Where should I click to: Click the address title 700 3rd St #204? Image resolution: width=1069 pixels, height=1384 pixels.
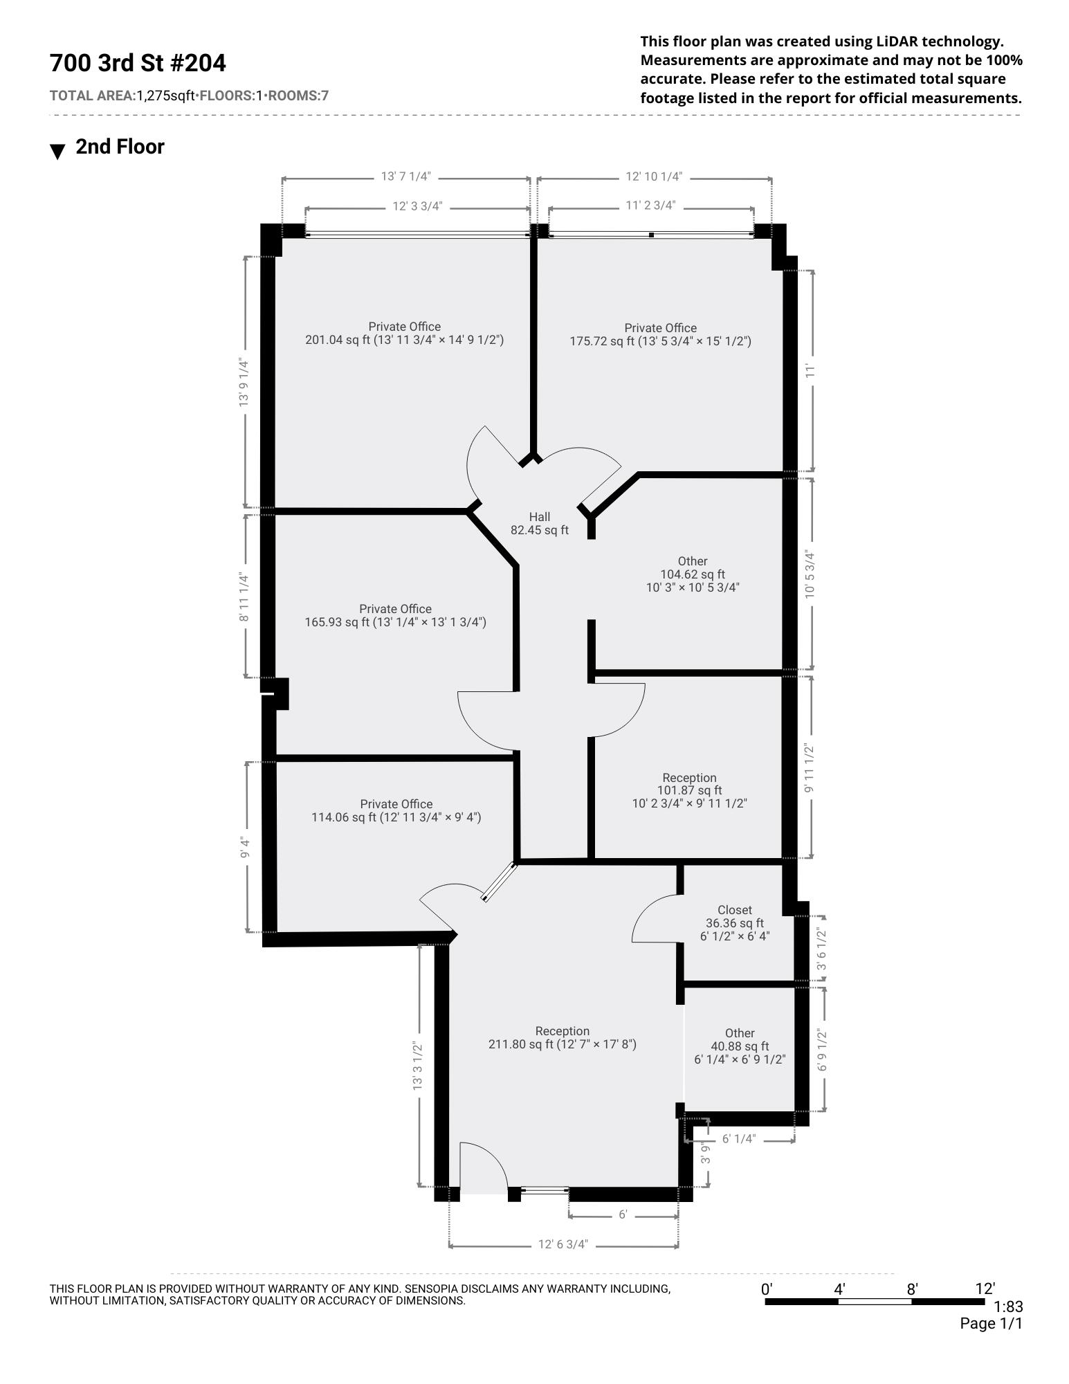point(138,63)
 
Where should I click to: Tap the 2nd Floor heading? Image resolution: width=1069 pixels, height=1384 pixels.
point(120,147)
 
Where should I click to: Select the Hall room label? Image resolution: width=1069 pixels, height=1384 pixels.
point(540,517)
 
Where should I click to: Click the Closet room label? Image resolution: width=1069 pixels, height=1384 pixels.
point(735,910)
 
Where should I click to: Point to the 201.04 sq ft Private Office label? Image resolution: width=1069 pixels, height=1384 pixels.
point(405,333)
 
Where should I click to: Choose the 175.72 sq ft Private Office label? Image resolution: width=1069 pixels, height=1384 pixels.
point(660,334)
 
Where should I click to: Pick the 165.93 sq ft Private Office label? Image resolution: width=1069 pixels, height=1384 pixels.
point(396,615)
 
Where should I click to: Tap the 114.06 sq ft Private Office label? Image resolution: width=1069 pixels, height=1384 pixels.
point(396,810)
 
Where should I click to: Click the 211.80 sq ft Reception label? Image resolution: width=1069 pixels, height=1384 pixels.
point(563,1037)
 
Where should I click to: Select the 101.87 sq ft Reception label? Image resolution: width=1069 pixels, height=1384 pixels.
point(689,790)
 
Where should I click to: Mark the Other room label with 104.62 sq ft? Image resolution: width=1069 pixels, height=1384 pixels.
point(693,574)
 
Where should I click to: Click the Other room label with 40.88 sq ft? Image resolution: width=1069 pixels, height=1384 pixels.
point(740,1046)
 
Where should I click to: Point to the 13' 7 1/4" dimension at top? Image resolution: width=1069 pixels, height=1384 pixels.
point(406,176)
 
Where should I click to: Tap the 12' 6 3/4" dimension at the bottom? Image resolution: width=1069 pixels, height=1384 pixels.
point(563,1244)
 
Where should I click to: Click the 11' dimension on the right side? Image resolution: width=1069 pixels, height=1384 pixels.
point(811,371)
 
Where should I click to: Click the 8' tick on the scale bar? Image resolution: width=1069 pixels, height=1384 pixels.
point(913,1289)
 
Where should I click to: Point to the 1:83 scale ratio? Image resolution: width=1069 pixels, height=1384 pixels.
point(1008,1307)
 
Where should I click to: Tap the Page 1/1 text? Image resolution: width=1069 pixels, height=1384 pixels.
point(991,1324)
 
